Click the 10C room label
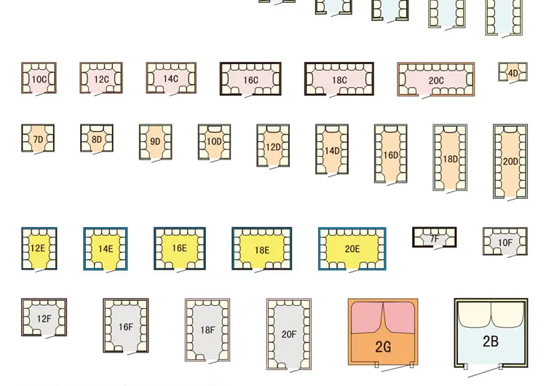[39, 79]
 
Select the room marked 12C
[101, 79]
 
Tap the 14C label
[170, 79]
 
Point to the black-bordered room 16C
[250, 80]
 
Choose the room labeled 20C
[435, 80]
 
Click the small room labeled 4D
[513, 73]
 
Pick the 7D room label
[38, 139]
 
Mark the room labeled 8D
[97, 139]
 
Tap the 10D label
[155, 141]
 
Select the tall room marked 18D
[450, 159]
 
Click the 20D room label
[510, 162]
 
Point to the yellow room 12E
[39, 248]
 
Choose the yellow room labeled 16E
[179, 248]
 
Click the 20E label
[352, 249]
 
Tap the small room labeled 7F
[434, 238]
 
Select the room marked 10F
[505, 243]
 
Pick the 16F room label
[125, 327]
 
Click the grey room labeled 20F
[288, 334]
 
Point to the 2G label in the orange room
[383, 347]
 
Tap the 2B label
[491, 341]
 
